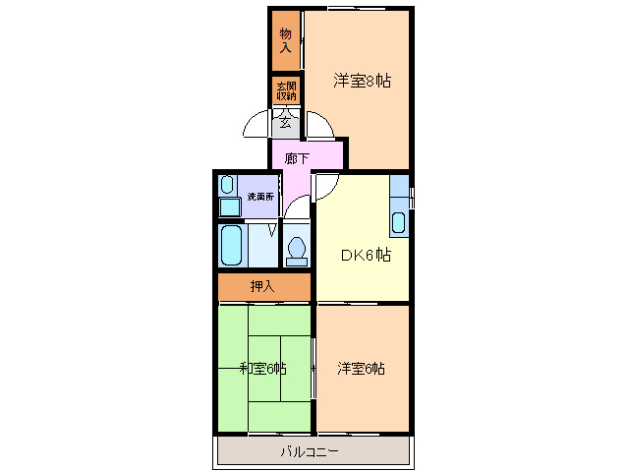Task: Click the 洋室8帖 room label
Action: pyautogui.click(x=362, y=81)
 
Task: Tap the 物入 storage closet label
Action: pyautogui.click(x=286, y=41)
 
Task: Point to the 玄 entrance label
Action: pyautogui.click(x=286, y=123)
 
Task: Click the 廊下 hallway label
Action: pyautogui.click(x=297, y=157)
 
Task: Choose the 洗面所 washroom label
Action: pyautogui.click(x=260, y=197)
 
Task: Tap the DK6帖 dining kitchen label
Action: pyautogui.click(x=366, y=256)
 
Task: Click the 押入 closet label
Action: pyautogui.click(x=262, y=286)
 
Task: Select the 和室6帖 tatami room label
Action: pyautogui.click(x=262, y=369)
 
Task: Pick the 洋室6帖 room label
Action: pyautogui.click(x=361, y=369)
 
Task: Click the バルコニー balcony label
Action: pyautogui.click(x=310, y=451)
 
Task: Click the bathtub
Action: pyautogui.click(x=231, y=245)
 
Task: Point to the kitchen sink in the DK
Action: pyautogui.click(x=399, y=222)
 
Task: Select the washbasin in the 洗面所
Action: pyautogui.click(x=227, y=184)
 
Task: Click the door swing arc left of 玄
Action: pyautogui.click(x=256, y=125)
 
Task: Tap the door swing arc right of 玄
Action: pyautogui.click(x=318, y=125)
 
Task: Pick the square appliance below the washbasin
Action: pyautogui.click(x=229, y=206)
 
